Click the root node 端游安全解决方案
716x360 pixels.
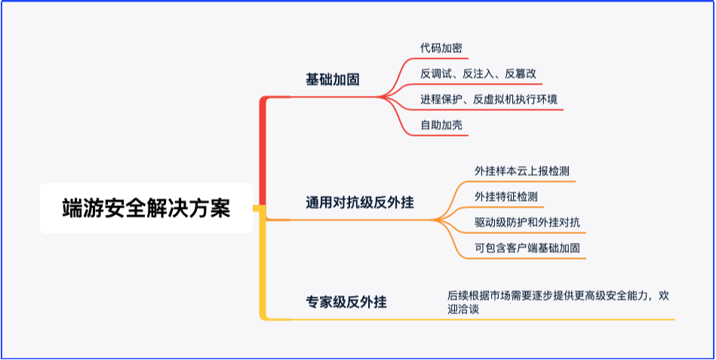pyautogui.click(x=146, y=208)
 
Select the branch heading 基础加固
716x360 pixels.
pyautogui.click(x=333, y=79)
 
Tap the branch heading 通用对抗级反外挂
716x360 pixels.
pyautogui.click(x=360, y=202)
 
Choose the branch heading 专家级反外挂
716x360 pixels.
pyautogui.click(x=346, y=302)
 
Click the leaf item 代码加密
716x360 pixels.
pyautogui.click(x=441, y=48)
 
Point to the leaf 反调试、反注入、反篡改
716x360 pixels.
pyautogui.click(x=478, y=73)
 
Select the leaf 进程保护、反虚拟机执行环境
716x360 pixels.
pyautogui.click(x=489, y=99)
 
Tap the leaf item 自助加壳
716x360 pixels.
pyautogui.click(x=441, y=125)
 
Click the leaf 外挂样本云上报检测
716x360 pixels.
pyautogui.click(x=521, y=171)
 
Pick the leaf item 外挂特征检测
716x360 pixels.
pyautogui.click(x=506, y=196)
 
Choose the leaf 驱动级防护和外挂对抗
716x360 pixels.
pyautogui.click(x=527, y=223)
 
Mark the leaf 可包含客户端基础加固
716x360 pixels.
pyautogui.click(x=527, y=248)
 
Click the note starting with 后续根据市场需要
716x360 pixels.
pyautogui.click(x=558, y=302)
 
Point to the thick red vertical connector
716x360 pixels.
pyautogui.click(x=263, y=151)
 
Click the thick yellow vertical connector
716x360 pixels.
pyautogui.click(x=263, y=264)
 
